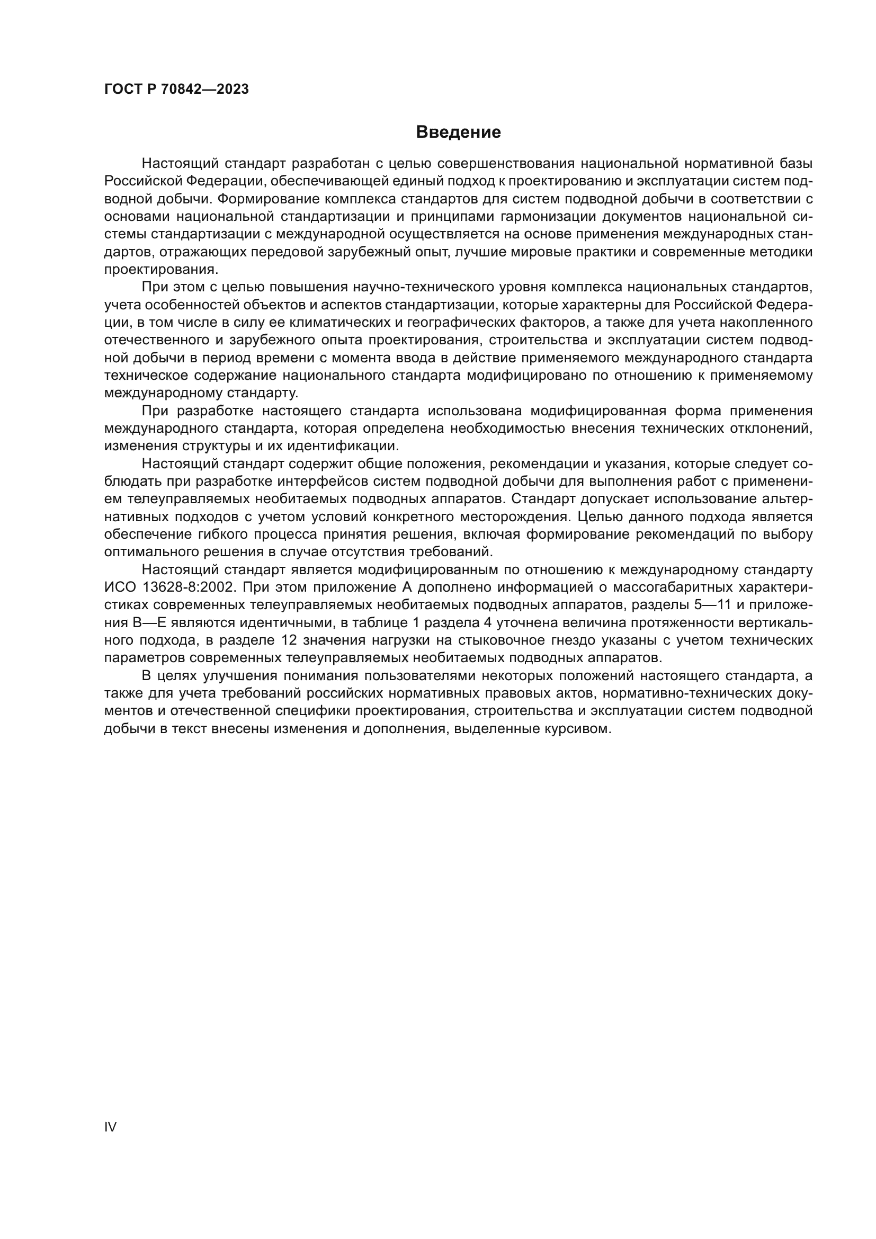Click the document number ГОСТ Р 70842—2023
click(x=176, y=90)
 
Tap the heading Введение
click(x=458, y=132)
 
